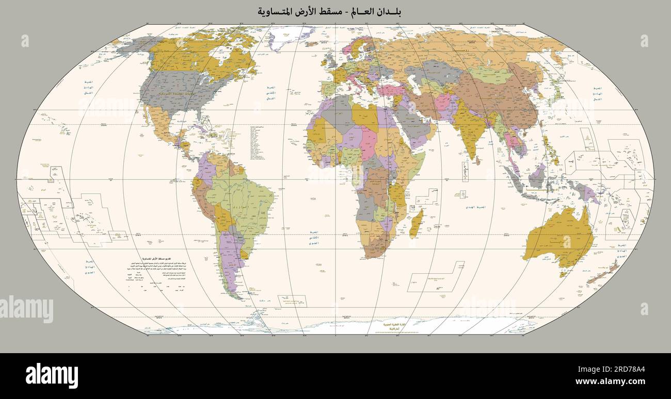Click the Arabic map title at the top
330,11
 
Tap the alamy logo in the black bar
52,375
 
